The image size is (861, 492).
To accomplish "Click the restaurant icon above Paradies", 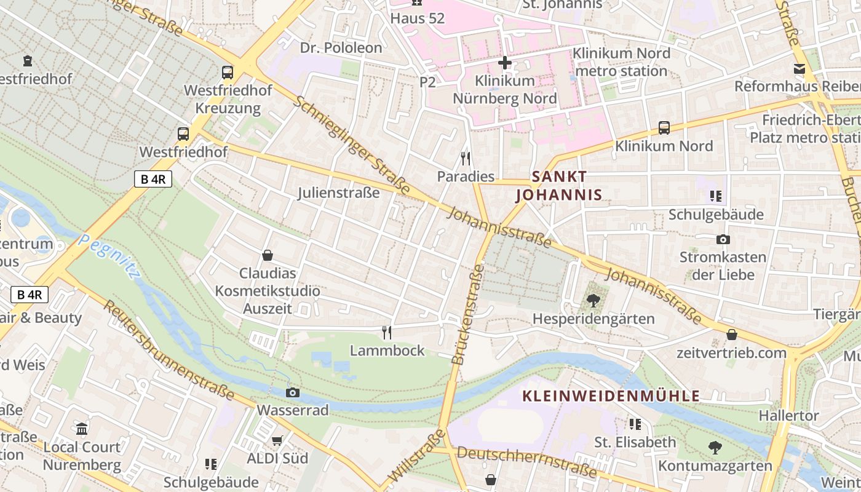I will pyautogui.click(x=466, y=159).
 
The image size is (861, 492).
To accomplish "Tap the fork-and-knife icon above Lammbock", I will pyautogui.click(x=387, y=333).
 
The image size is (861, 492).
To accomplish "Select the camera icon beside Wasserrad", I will pyautogui.click(x=293, y=392).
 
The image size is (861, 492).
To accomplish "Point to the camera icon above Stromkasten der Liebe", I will pyautogui.click(x=723, y=239).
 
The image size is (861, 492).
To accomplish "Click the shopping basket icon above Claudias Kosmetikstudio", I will pyautogui.click(x=268, y=255).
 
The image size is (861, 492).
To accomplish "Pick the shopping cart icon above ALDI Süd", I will pyautogui.click(x=277, y=440).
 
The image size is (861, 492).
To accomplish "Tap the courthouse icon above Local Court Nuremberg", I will pyautogui.click(x=82, y=429).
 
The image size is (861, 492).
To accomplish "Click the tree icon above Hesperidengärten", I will pyautogui.click(x=593, y=301).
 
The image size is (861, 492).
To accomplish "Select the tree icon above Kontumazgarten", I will pyautogui.click(x=715, y=448).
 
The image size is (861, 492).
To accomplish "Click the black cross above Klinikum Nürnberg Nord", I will pyautogui.click(x=505, y=63).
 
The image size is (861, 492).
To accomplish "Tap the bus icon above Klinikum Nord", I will pyautogui.click(x=664, y=128).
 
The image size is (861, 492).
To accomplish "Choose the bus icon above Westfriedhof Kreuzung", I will pyautogui.click(x=228, y=73).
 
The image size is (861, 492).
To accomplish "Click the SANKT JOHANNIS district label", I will pyautogui.click(x=559, y=186).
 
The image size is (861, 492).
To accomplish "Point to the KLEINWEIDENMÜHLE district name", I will pyautogui.click(x=611, y=395).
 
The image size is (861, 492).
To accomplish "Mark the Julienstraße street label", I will pyautogui.click(x=339, y=192).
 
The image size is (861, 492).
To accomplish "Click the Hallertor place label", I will pyautogui.click(x=788, y=416).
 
